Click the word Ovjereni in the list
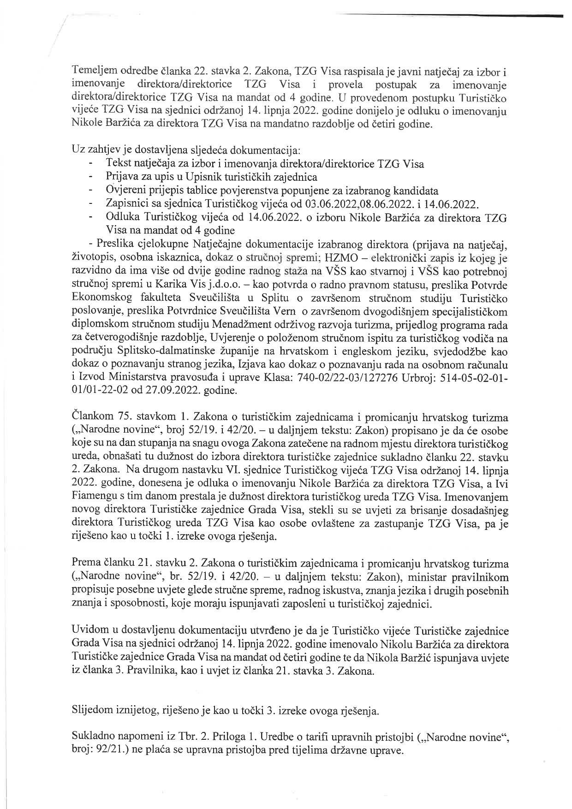pos(122,190)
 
